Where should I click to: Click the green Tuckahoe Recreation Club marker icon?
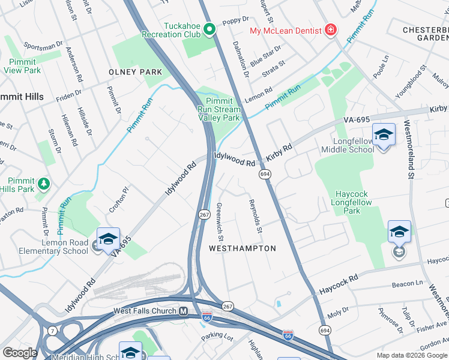point(209,28)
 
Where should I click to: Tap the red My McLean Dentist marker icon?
point(330,30)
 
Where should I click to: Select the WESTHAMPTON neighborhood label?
point(242,248)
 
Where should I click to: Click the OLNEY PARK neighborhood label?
point(135,72)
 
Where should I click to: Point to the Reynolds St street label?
point(256,217)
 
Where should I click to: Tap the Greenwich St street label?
point(220,215)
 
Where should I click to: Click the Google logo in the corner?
point(20,353)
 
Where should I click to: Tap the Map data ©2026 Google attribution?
point(412,355)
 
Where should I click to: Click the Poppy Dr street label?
point(235,22)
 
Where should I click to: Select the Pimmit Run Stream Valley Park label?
point(220,110)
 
